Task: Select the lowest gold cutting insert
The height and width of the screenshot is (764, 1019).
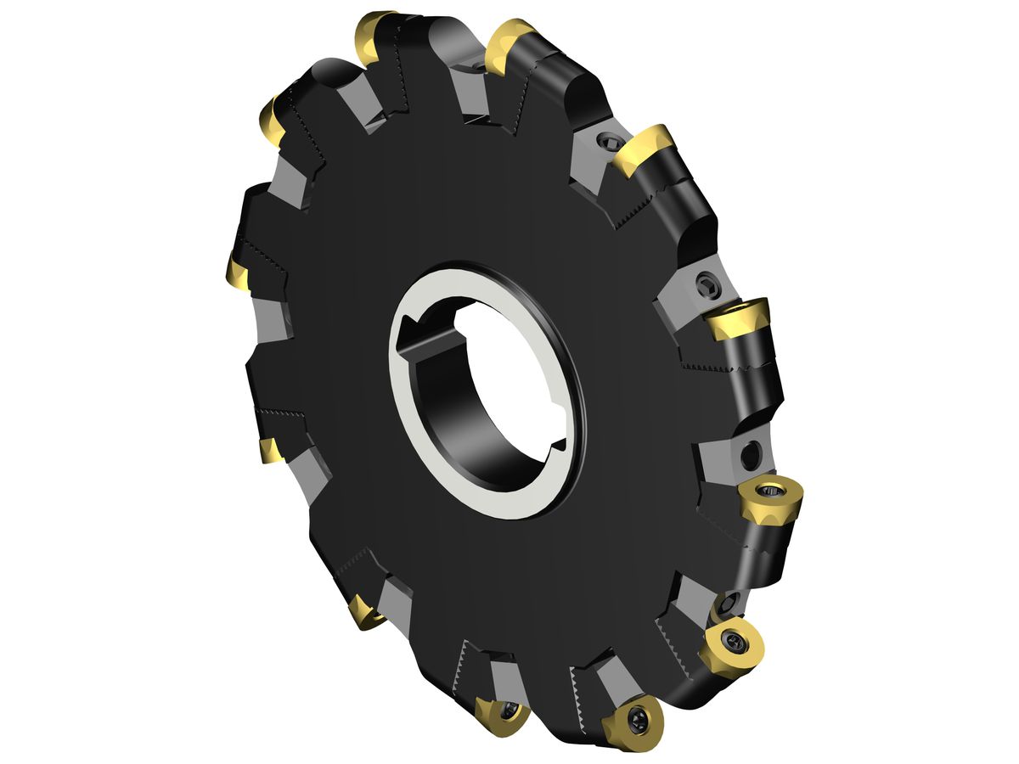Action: (x=633, y=722)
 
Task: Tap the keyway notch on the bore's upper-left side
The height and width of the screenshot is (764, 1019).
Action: (x=411, y=323)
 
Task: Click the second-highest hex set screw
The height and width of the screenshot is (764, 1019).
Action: (x=707, y=284)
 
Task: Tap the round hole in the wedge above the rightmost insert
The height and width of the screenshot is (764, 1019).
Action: (x=748, y=456)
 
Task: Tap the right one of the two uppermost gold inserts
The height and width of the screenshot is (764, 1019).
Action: (x=509, y=44)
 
